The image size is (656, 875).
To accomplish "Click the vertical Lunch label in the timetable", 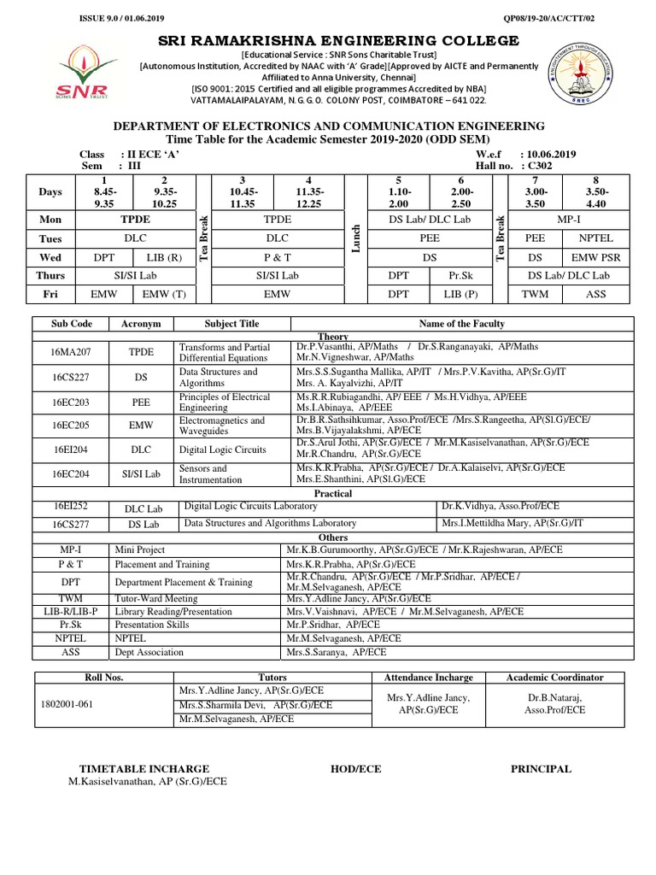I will pyautogui.click(x=355, y=239).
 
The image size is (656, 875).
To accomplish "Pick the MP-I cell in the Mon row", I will pyautogui.click(x=566, y=220).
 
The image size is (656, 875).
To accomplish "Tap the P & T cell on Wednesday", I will pyautogui.click(x=278, y=256).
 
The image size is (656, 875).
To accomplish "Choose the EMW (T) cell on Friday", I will pyautogui.click(x=161, y=293).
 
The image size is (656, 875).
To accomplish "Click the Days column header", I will pyautogui.click(x=50, y=192).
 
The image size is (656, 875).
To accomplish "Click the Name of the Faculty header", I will pyautogui.click(x=461, y=324).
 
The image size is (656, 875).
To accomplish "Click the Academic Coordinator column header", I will pyautogui.click(x=554, y=677).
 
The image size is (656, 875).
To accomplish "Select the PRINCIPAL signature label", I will pyautogui.click(x=541, y=769).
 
